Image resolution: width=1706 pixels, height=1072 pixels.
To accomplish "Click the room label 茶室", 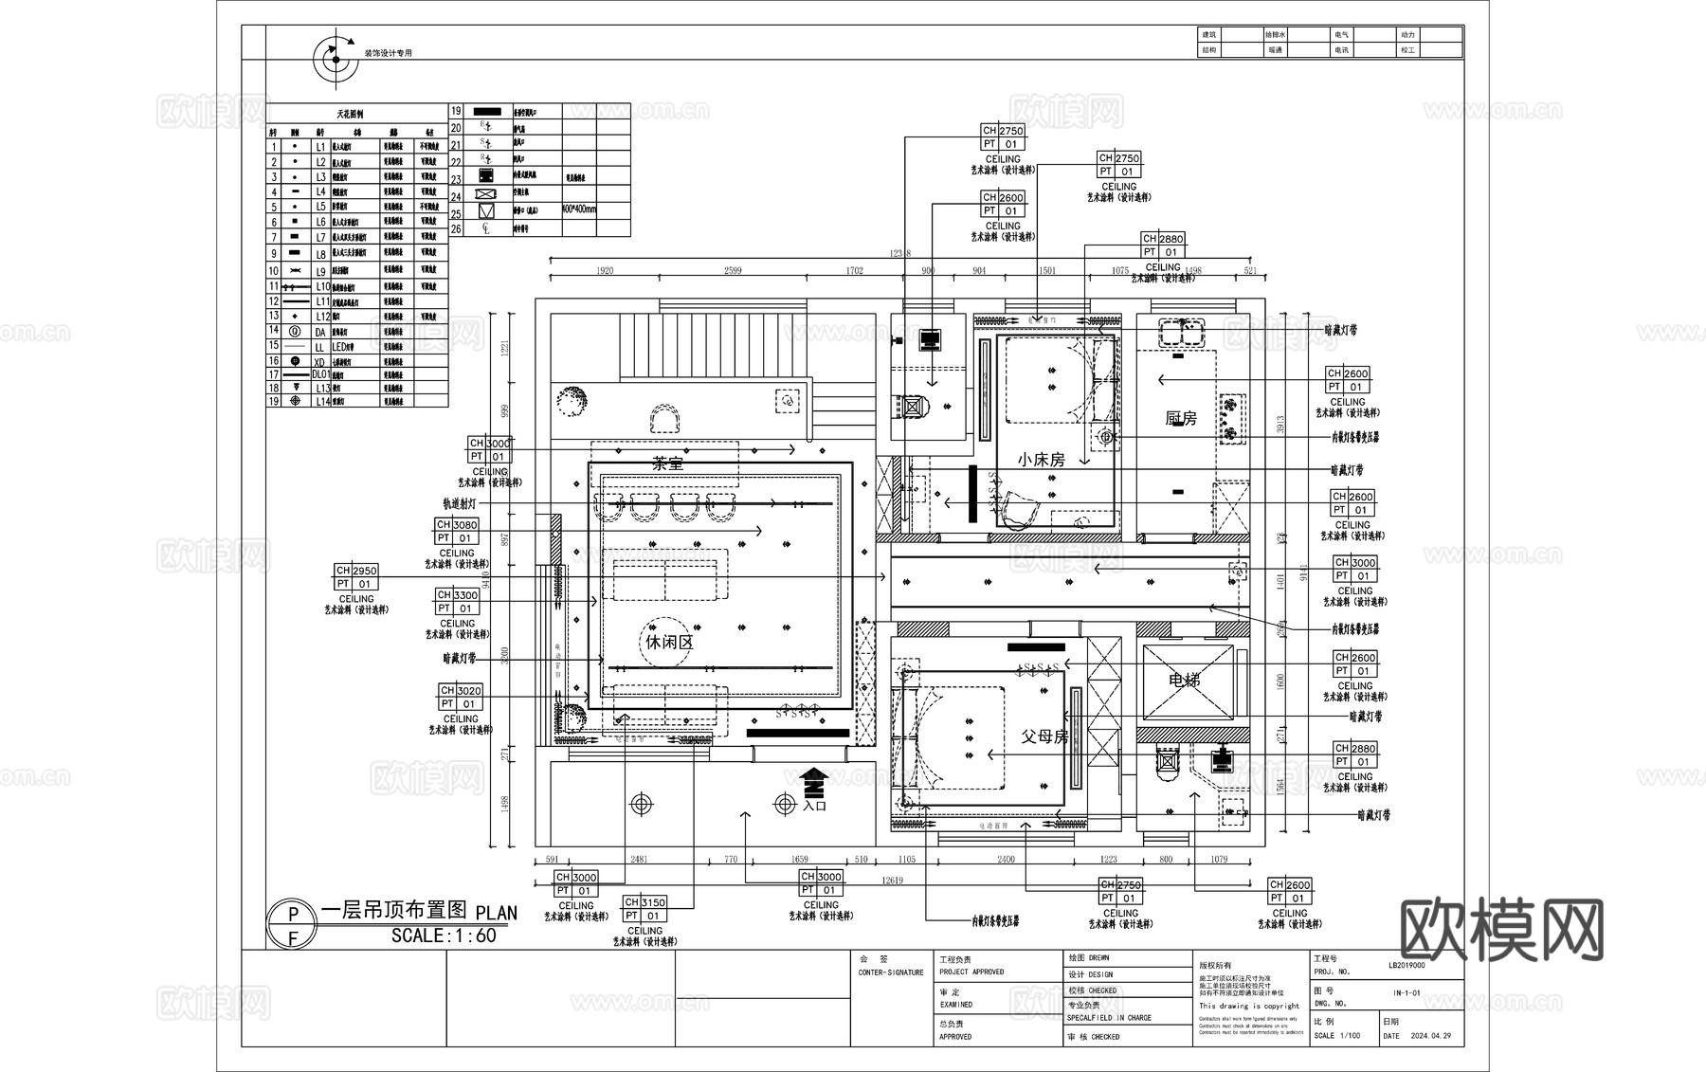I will tap(668, 463).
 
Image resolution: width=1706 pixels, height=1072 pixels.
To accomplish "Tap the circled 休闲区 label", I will tap(669, 642).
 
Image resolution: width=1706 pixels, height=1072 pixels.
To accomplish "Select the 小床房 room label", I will tap(1041, 459).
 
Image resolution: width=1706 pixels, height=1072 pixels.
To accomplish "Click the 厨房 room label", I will tap(1180, 418).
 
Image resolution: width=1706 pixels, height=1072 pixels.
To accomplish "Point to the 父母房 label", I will tap(1044, 736).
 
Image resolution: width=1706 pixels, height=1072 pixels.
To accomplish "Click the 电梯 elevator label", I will tap(1185, 680).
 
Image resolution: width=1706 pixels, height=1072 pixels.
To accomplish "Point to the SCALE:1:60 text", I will tap(444, 936).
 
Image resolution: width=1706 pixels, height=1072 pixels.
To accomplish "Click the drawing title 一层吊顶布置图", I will tap(394, 910).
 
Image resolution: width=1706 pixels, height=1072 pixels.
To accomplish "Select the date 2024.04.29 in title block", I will tap(1430, 1036).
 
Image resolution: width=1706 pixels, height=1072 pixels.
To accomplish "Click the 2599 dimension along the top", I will tap(733, 271).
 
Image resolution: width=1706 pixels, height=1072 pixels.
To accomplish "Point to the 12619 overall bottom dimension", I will tap(892, 881).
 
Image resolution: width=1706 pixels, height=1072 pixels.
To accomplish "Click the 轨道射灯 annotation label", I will tap(460, 504).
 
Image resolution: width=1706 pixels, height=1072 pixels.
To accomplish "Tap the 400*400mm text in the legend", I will tap(579, 209).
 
